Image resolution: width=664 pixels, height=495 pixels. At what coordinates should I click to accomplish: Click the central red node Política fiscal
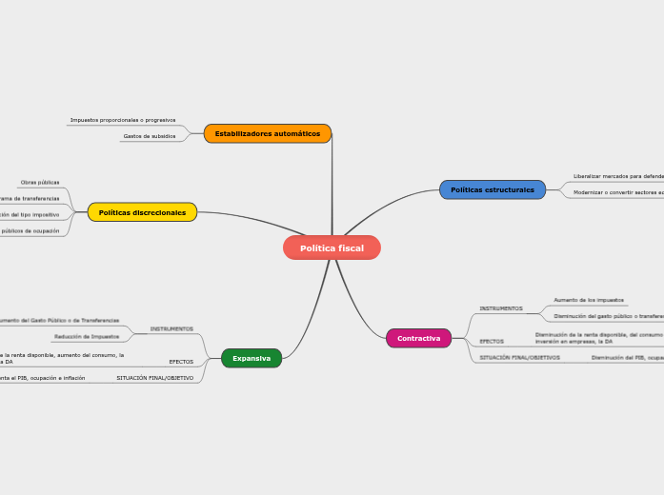pos(332,247)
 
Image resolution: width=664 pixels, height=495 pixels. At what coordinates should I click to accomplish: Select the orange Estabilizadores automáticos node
pos(268,133)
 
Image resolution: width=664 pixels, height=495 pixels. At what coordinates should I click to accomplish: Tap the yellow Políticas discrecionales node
pos(142,212)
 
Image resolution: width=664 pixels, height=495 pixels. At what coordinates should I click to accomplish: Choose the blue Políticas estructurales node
pos(493,189)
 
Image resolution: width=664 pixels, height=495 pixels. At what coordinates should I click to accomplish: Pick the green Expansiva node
pos(252,358)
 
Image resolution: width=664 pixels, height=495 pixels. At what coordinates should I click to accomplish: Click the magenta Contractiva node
pos(418,338)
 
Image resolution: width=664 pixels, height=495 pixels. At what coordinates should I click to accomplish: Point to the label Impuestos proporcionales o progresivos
pos(123,120)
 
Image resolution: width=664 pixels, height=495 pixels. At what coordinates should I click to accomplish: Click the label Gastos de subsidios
pos(150,136)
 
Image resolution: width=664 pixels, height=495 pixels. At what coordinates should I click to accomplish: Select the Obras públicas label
pos(40,182)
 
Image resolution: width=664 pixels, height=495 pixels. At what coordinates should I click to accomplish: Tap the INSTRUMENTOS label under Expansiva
pos(171,328)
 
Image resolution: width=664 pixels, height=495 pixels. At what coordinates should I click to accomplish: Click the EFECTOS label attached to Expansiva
pos(181,362)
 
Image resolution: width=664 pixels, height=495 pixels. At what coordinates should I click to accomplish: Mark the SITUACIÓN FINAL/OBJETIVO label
pos(155,378)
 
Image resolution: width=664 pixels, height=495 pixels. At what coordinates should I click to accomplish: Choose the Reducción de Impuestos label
pos(87,336)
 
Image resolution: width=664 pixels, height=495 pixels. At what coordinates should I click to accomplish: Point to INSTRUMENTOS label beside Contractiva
pos(501,308)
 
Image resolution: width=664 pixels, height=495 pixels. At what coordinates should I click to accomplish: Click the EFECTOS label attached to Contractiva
pos(492,341)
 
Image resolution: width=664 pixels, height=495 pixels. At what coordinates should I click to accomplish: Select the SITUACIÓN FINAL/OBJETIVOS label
pos(520,358)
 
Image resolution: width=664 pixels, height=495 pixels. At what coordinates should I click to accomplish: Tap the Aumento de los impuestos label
pos(589,300)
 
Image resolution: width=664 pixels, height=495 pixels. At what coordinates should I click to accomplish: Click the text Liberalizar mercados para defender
pos(618,176)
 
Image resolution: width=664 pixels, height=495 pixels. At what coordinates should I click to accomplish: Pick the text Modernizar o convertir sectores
pos(618,192)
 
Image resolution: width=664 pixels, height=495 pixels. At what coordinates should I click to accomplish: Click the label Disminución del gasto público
pos(608,316)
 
